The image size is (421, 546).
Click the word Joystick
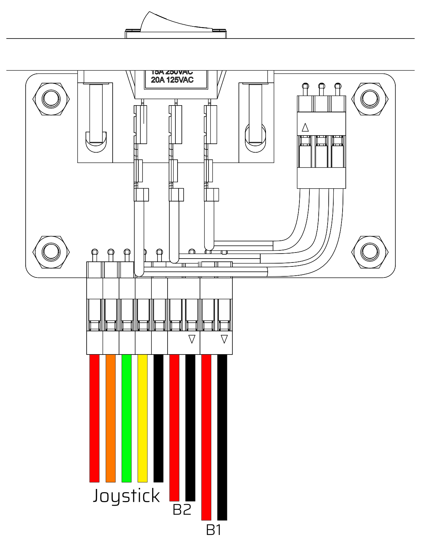126,496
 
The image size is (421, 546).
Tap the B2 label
182,510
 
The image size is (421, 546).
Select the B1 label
214,530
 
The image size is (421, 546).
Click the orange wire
111,417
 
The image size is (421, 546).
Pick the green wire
127,417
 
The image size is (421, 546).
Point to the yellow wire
143,417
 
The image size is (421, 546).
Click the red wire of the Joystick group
94,417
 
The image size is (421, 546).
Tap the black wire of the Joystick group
158,417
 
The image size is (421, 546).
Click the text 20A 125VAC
172,80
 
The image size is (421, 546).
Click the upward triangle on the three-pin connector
305,127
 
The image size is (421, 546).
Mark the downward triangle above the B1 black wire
224,339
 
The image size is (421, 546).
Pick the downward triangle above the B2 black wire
192,339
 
